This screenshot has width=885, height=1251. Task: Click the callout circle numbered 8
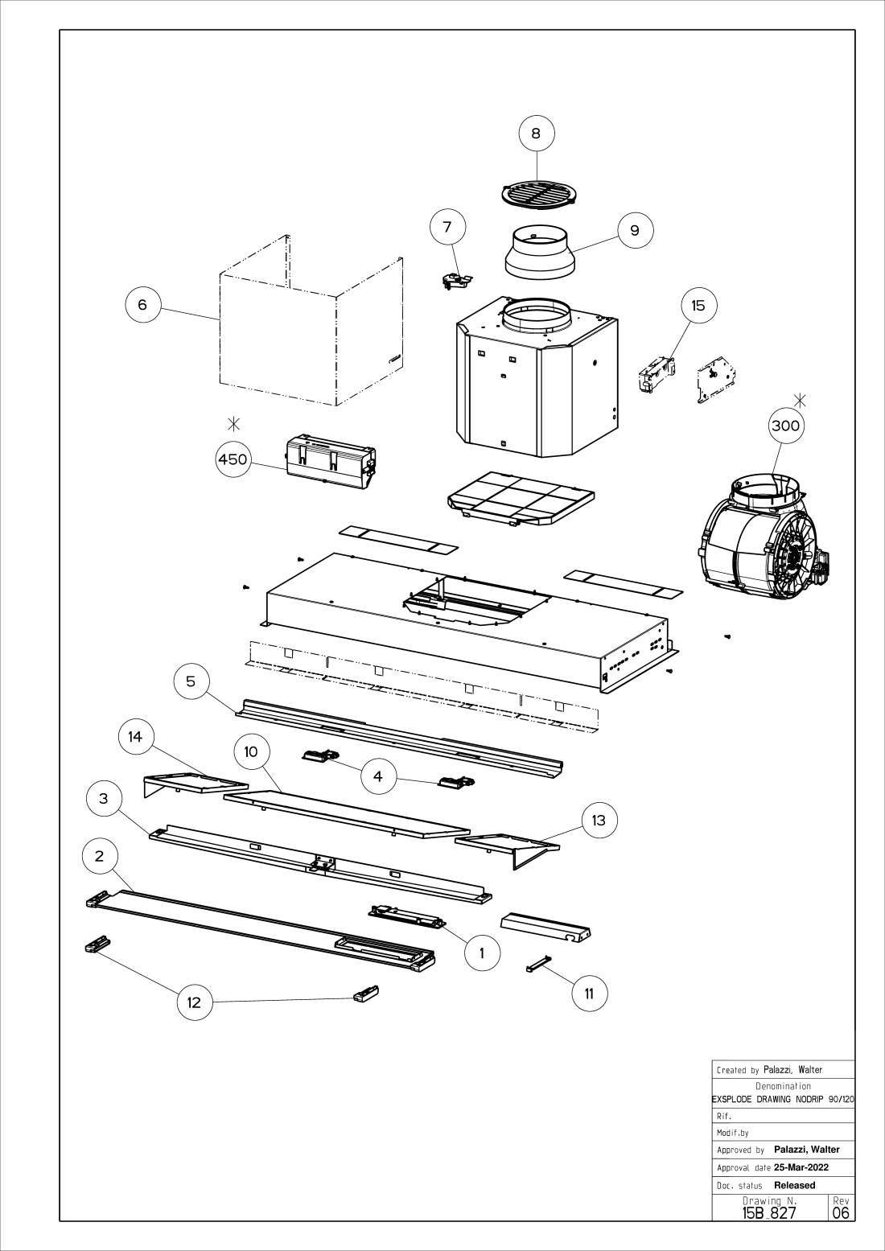click(537, 134)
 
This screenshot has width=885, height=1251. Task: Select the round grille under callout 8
click(540, 195)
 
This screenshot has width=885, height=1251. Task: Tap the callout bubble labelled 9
click(635, 231)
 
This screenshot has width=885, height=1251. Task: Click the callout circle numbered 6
click(142, 305)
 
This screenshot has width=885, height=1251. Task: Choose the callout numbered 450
click(233, 459)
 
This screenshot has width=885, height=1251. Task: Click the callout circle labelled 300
click(785, 425)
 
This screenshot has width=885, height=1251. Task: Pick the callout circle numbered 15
click(698, 306)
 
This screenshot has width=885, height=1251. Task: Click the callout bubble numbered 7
click(447, 227)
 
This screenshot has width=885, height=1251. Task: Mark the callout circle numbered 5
click(191, 681)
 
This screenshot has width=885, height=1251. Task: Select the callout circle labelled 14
click(135, 737)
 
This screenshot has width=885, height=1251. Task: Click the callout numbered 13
click(599, 821)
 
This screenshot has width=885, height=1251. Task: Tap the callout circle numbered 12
click(194, 1002)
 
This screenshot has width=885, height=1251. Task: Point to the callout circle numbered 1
click(482, 953)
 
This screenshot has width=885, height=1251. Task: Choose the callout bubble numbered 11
click(589, 994)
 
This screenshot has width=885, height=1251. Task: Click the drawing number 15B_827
click(769, 1212)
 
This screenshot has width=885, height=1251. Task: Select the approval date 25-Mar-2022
click(801, 1167)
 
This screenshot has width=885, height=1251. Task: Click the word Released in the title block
click(794, 1185)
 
